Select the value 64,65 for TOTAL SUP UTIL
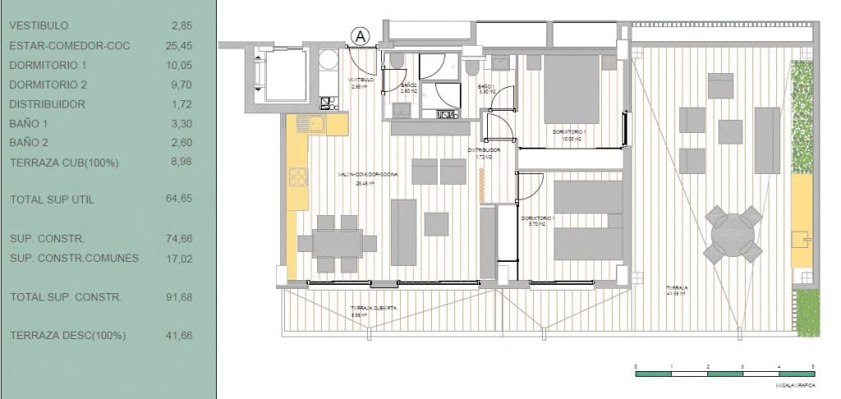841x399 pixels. pyautogui.click(x=180, y=199)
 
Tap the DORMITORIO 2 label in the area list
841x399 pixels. pyautogui.click(x=48, y=85)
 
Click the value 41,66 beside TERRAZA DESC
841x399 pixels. pyautogui.click(x=180, y=336)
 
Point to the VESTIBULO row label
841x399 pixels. pyautogui.click(x=39, y=25)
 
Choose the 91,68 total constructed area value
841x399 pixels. pyautogui.click(x=180, y=297)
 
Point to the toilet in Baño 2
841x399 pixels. pyautogui.click(x=397, y=62)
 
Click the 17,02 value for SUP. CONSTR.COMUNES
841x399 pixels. pyautogui.click(x=180, y=258)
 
